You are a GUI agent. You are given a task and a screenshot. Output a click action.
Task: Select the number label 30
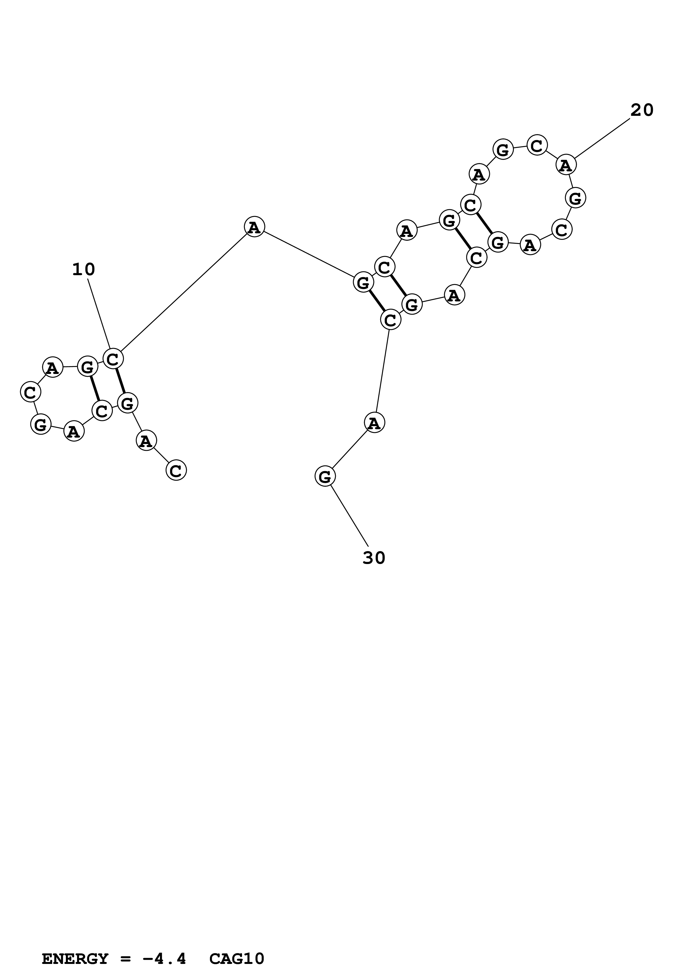pyautogui.click(x=374, y=558)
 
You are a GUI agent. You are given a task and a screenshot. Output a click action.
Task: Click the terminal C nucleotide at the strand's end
pyautogui.click(x=176, y=470)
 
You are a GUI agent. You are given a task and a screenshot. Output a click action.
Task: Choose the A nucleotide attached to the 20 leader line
pyautogui.click(x=566, y=165)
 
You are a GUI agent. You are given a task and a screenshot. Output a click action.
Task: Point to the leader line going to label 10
pyautogui.click(x=99, y=313)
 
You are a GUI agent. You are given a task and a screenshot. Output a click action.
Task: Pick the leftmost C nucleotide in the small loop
pyautogui.click(x=30, y=392)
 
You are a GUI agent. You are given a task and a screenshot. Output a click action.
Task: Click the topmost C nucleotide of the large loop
pyautogui.click(x=537, y=145)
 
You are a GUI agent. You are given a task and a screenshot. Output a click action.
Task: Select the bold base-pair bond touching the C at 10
pyautogui.click(x=121, y=381)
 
